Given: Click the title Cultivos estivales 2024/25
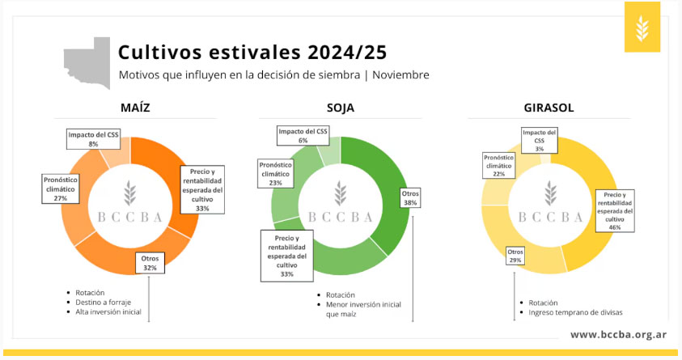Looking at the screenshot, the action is click(252, 53).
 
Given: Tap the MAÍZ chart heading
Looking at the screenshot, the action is click(135, 108).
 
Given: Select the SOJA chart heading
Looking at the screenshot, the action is click(341, 108).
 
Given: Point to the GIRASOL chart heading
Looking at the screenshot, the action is click(549, 108).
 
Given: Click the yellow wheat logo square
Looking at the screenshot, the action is click(642, 27).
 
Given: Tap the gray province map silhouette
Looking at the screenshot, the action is click(87, 63).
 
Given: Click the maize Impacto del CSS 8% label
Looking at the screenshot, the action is click(93, 139).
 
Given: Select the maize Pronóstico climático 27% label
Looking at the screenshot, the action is click(61, 188).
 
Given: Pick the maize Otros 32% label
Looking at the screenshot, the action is click(150, 263).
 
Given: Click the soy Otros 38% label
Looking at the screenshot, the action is click(410, 198).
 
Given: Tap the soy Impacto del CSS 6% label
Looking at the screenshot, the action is click(303, 136).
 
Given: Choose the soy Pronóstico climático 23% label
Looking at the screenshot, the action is click(275, 174).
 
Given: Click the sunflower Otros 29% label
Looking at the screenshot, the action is click(515, 256).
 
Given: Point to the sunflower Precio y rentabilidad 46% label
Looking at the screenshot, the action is click(615, 211).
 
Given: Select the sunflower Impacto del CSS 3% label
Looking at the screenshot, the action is click(540, 141).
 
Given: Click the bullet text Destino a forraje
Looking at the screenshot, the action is click(103, 303).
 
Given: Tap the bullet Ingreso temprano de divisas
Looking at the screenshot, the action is click(575, 312).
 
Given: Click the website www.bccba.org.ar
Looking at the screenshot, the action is click(619, 334).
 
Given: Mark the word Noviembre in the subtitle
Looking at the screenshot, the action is click(400, 74).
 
